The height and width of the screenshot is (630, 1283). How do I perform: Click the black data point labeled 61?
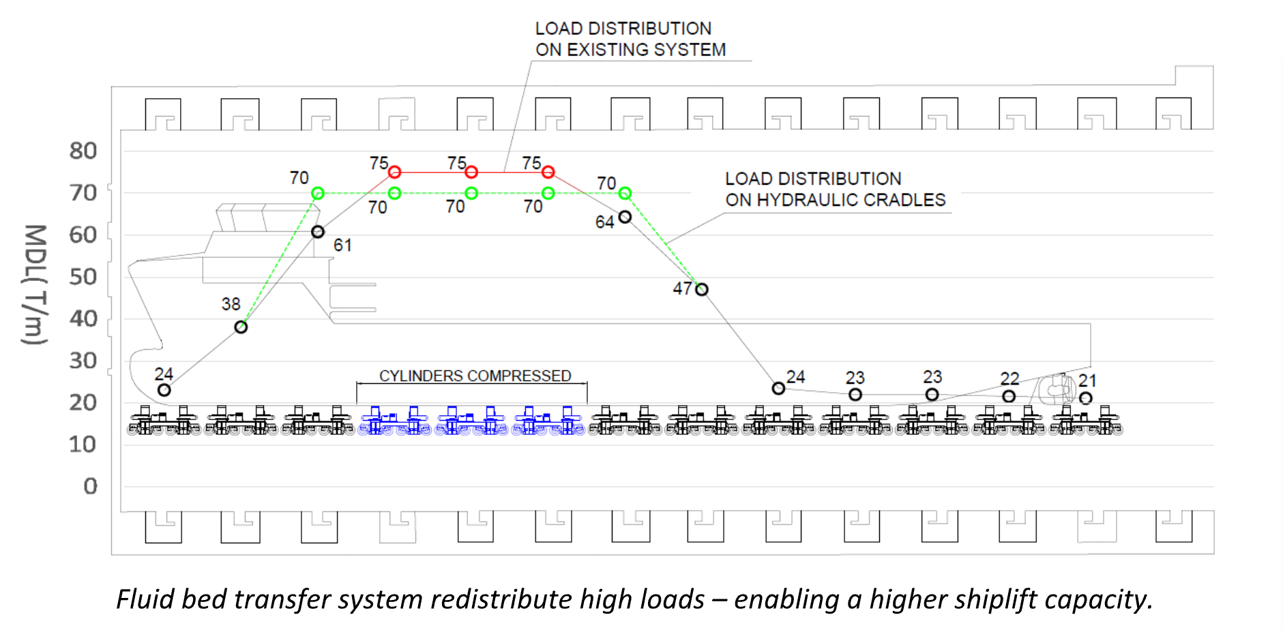318,232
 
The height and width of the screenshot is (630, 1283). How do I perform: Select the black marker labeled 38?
241,327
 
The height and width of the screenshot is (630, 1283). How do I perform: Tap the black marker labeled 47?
702,290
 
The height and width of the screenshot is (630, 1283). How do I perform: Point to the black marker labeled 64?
625,217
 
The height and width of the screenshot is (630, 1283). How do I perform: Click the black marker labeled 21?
1086,397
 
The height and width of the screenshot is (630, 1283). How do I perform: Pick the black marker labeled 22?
1009,396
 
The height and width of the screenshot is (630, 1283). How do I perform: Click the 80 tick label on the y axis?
83,151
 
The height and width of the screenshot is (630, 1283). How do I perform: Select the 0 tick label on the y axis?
90,486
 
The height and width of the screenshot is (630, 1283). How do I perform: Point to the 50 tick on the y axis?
83,277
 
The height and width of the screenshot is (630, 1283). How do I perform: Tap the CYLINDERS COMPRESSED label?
475,376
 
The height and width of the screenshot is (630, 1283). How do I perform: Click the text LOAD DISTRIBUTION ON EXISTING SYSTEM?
630,39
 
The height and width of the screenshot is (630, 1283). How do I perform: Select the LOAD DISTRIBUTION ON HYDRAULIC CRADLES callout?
835,189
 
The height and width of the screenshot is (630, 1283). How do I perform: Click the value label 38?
231,304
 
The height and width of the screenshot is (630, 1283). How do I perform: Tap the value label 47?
682,289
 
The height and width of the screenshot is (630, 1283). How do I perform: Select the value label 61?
342,245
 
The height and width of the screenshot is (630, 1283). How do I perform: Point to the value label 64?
604,222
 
